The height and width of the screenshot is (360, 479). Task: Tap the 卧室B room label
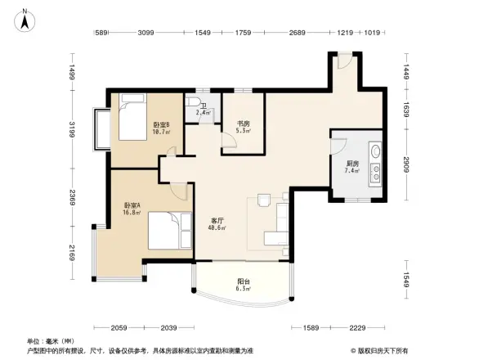click(160, 128)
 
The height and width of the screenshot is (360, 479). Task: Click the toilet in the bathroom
click(191, 103)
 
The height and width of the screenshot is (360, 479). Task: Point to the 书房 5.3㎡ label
click(244, 127)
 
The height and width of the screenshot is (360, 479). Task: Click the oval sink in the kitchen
click(377, 151)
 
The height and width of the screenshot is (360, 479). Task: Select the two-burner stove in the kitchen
click(377, 173)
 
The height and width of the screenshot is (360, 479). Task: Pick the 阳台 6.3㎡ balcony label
click(243, 286)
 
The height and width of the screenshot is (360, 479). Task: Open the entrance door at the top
click(344, 61)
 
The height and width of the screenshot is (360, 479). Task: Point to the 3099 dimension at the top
click(145, 33)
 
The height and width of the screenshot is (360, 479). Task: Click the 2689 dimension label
click(297, 33)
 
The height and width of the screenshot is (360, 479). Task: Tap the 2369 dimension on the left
click(72, 198)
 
